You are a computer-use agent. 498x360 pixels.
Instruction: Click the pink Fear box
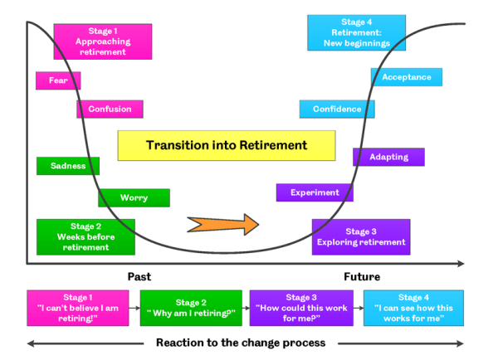[57, 80]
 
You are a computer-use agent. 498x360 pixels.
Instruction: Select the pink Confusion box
[110, 109]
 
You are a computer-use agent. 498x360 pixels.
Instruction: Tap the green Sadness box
[67, 166]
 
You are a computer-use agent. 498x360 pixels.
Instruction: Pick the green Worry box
[134, 197]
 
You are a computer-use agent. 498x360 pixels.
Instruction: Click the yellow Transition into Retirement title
[227, 145]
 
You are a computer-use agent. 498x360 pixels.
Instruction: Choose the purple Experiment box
[315, 192]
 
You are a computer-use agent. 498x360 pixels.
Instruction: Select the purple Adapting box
[388, 157]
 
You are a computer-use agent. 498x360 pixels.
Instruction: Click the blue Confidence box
[337, 109]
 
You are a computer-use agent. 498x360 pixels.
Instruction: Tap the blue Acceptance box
[406, 77]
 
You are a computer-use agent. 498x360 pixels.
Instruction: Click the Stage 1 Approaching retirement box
[103, 41]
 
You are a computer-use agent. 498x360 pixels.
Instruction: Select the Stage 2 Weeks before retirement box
[85, 236]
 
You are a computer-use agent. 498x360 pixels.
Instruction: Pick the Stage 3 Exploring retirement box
[361, 236]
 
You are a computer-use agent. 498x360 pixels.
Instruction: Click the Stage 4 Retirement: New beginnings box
[356, 32]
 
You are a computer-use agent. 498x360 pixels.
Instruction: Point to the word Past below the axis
[139, 277]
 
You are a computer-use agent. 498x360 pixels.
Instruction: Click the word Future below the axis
[362, 277]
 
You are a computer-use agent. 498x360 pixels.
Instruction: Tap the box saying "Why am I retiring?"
[191, 308]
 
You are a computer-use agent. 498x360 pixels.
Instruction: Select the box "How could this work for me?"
[301, 308]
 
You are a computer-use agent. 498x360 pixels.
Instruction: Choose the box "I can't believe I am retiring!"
[78, 308]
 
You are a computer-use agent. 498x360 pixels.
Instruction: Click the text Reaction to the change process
[241, 343]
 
